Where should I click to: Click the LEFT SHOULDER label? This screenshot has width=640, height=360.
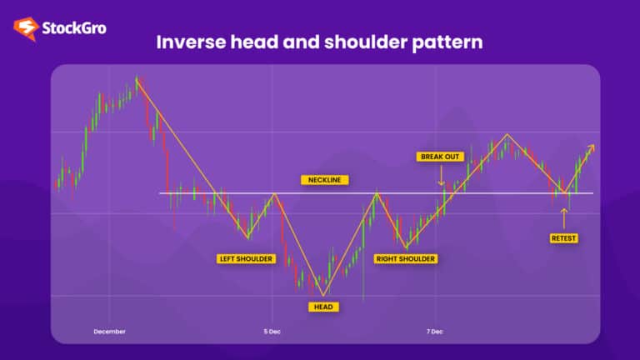tap(246, 258)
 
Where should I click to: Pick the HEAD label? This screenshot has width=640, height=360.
tap(322, 307)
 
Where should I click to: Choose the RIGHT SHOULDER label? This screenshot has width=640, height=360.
tap(406, 258)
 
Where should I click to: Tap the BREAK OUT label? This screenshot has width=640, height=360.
tap(439, 156)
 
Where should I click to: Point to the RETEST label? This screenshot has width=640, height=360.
tap(564, 238)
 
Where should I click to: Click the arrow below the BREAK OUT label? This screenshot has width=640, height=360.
tap(440, 176)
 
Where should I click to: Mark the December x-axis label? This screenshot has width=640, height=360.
tap(109, 331)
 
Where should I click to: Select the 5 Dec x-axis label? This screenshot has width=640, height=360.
tap(272, 331)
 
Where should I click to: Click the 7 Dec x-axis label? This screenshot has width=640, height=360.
tap(434, 331)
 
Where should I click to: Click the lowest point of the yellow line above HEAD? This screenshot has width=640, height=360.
tap(322, 294)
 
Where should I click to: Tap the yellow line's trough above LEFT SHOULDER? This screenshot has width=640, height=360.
tap(247, 237)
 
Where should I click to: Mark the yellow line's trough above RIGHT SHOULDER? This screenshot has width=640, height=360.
tap(406, 247)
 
